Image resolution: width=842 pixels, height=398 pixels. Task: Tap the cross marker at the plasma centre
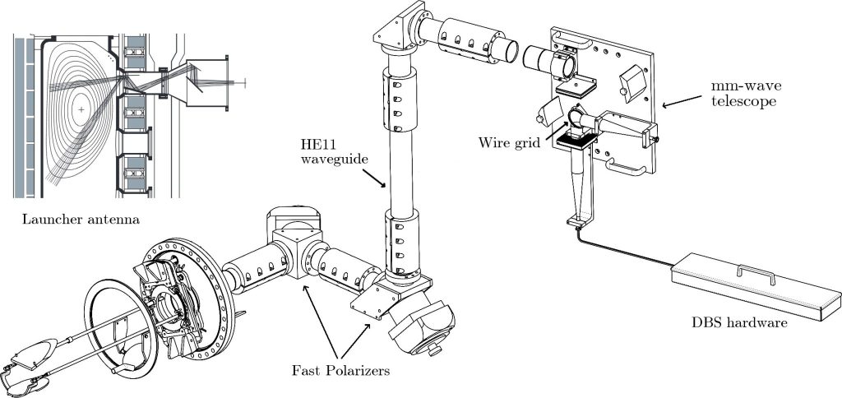click(81, 109)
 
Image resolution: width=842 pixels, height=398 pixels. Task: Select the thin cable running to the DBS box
click(625, 249)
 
